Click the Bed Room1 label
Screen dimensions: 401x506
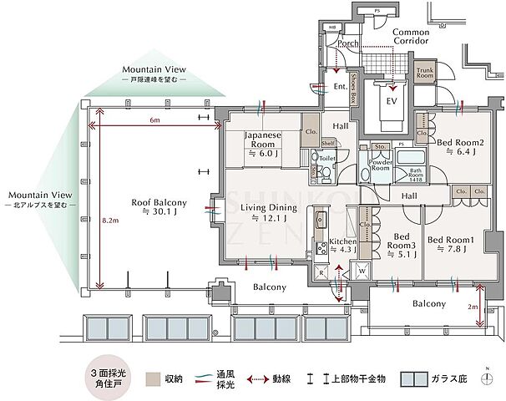tap(452, 244)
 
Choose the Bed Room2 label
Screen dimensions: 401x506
tap(458, 147)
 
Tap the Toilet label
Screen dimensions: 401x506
tap(327, 157)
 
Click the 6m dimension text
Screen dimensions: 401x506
tap(154, 120)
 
